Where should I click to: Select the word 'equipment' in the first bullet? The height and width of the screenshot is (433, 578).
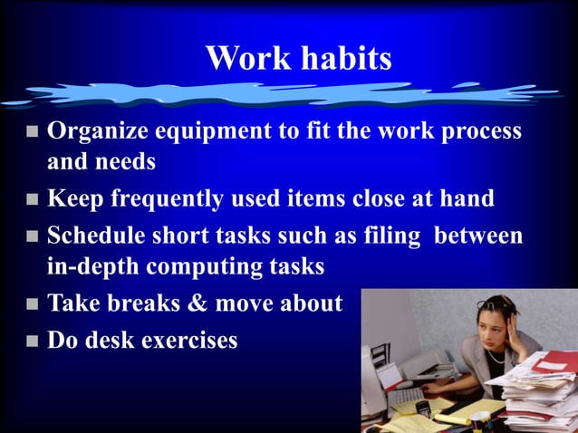pos(215,132)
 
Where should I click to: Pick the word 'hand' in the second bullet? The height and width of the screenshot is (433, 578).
pos(468,198)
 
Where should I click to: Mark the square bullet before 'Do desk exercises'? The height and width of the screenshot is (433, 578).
pos(32,342)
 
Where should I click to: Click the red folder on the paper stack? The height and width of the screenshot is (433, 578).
pos(554,362)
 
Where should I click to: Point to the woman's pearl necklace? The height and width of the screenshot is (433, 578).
pos(497,356)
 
